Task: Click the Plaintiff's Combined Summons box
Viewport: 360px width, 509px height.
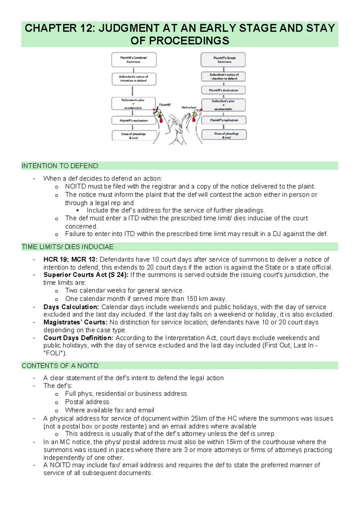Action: coord(134,60)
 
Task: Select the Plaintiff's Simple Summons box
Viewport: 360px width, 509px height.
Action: coord(223,60)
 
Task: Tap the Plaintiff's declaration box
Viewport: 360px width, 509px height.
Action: coord(223,90)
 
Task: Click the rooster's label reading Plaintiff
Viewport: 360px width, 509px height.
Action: coord(165,105)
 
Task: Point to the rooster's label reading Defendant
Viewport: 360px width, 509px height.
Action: coord(189,107)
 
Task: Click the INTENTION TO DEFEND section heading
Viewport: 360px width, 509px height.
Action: coord(60,166)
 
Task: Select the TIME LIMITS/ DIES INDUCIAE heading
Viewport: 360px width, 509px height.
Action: coord(67,247)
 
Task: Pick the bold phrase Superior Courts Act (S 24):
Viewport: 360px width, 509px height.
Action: coord(86,275)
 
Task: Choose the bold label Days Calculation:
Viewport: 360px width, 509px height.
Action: coord(71,307)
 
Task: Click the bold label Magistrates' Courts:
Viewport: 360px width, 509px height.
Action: coord(75,322)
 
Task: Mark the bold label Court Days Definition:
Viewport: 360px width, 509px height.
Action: coord(78,338)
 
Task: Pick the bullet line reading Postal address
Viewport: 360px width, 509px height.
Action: coord(87,402)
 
